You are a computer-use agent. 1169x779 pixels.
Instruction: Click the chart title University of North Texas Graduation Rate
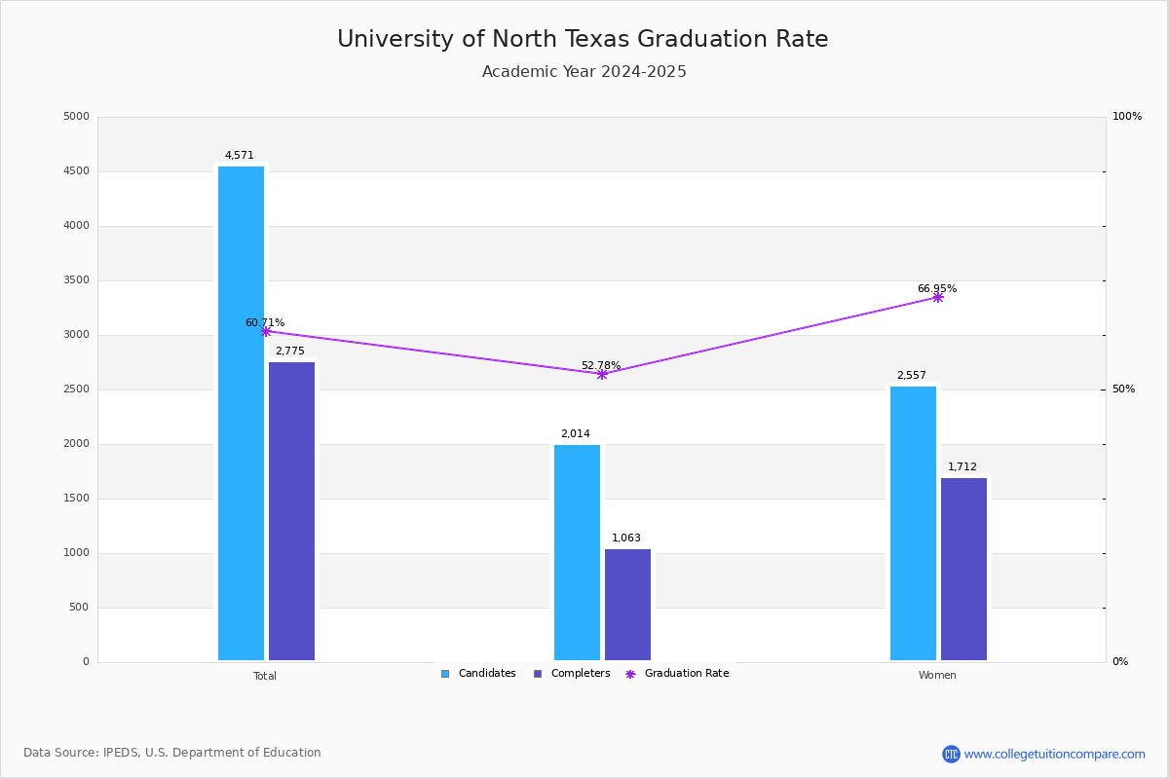tap(583, 39)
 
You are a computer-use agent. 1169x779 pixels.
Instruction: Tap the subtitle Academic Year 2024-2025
tap(584, 72)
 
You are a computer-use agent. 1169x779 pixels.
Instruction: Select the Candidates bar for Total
tap(241, 413)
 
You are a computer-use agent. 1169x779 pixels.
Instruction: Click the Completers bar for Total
tap(291, 511)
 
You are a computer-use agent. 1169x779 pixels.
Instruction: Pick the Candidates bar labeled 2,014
tap(577, 552)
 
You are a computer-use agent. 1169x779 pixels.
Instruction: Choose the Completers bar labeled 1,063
tap(627, 605)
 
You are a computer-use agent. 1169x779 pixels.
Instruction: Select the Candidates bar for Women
tap(913, 523)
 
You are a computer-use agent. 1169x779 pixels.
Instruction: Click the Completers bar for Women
tap(963, 569)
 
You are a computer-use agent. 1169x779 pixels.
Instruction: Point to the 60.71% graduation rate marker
tap(266, 331)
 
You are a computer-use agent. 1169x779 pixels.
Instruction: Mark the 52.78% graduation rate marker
tap(602, 374)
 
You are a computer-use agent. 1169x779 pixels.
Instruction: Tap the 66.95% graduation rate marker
tap(938, 297)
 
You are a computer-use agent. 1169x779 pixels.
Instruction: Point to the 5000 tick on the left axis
tap(76, 117)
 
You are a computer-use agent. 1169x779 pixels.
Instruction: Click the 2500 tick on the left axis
tap(76, 389)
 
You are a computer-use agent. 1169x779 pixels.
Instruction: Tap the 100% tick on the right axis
tap(1127, 117)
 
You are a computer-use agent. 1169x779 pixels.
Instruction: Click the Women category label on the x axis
tap(937, 676)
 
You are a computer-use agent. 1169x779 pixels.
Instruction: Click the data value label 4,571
tap(239, 155)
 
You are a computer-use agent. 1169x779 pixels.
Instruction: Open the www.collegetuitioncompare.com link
tap(1054, 754)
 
